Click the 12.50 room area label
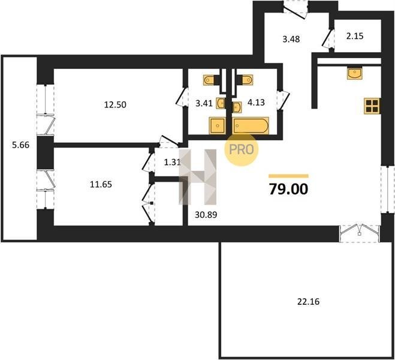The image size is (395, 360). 115,104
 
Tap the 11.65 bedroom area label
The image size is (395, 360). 101,185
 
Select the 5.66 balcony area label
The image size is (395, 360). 20,145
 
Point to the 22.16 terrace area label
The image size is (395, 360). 308,302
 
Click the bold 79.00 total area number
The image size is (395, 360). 289,189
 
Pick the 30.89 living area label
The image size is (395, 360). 206,215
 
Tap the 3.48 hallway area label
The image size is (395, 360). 291,40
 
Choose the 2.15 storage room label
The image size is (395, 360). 355,37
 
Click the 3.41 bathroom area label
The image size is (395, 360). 204,103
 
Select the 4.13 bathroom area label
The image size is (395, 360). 256,103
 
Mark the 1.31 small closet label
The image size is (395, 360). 173,163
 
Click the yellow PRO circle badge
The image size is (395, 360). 242,150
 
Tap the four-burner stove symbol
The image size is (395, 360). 372,106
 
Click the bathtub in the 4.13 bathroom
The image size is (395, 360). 251,125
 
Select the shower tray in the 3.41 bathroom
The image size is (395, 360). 217,125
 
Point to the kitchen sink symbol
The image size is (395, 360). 354,73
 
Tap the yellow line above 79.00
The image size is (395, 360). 289,176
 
